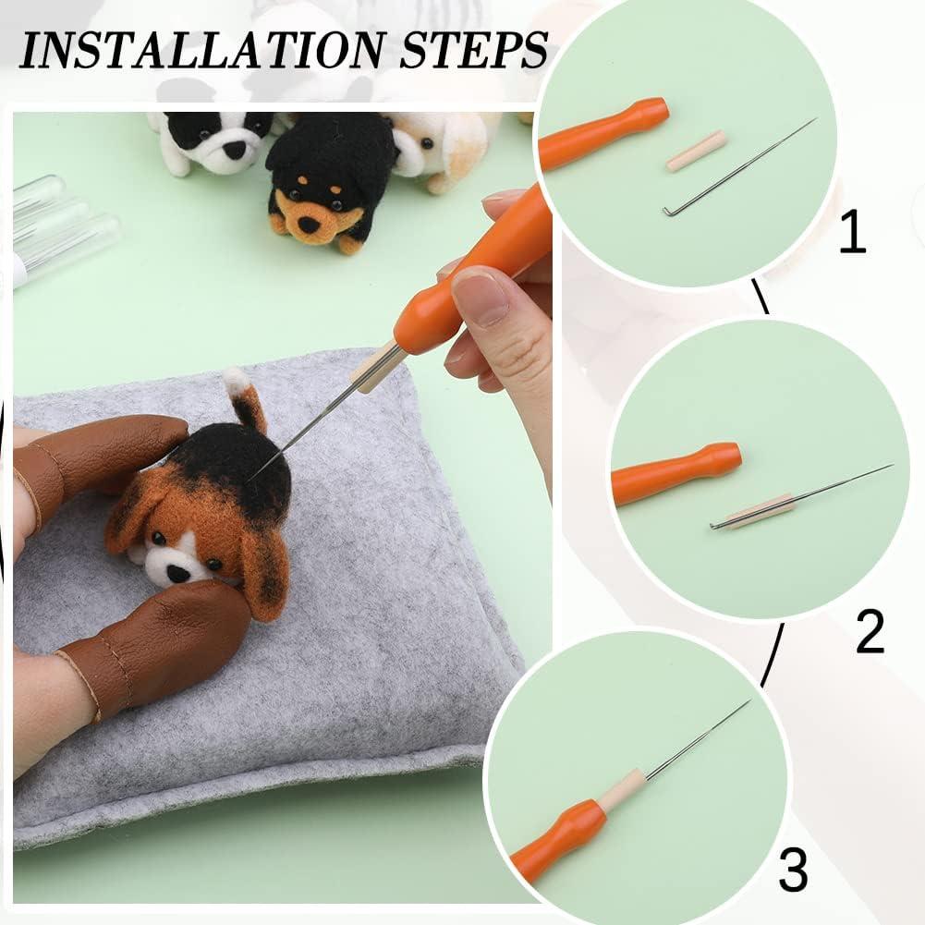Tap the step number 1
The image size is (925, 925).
coord(852,233)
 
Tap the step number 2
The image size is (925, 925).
coord(869,633)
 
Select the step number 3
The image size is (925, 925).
coord(792,870)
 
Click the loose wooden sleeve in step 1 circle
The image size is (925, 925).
coord(696,151)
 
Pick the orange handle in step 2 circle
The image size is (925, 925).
coord(675,471)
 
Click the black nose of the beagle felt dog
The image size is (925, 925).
coord(176,573)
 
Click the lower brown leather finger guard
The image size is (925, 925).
coord(157,647)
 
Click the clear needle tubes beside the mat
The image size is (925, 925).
coord(60,231)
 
